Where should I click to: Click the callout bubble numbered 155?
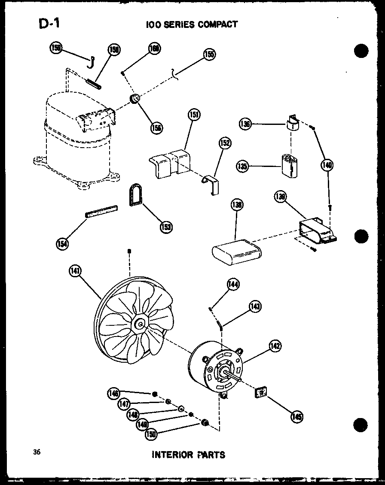[x=209, y=55]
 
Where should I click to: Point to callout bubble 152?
[x=225, y=143]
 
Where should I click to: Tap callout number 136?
[x=244, y=124]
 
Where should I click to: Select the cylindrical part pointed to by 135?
[x=290, y=164]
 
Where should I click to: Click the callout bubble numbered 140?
[x=327, y=165]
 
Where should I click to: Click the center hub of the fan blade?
[x=140, y=323]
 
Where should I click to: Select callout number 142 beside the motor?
[x=275, y=346]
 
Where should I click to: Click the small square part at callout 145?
[x=260, y=392]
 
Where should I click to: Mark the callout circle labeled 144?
[x=233, y=284]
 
